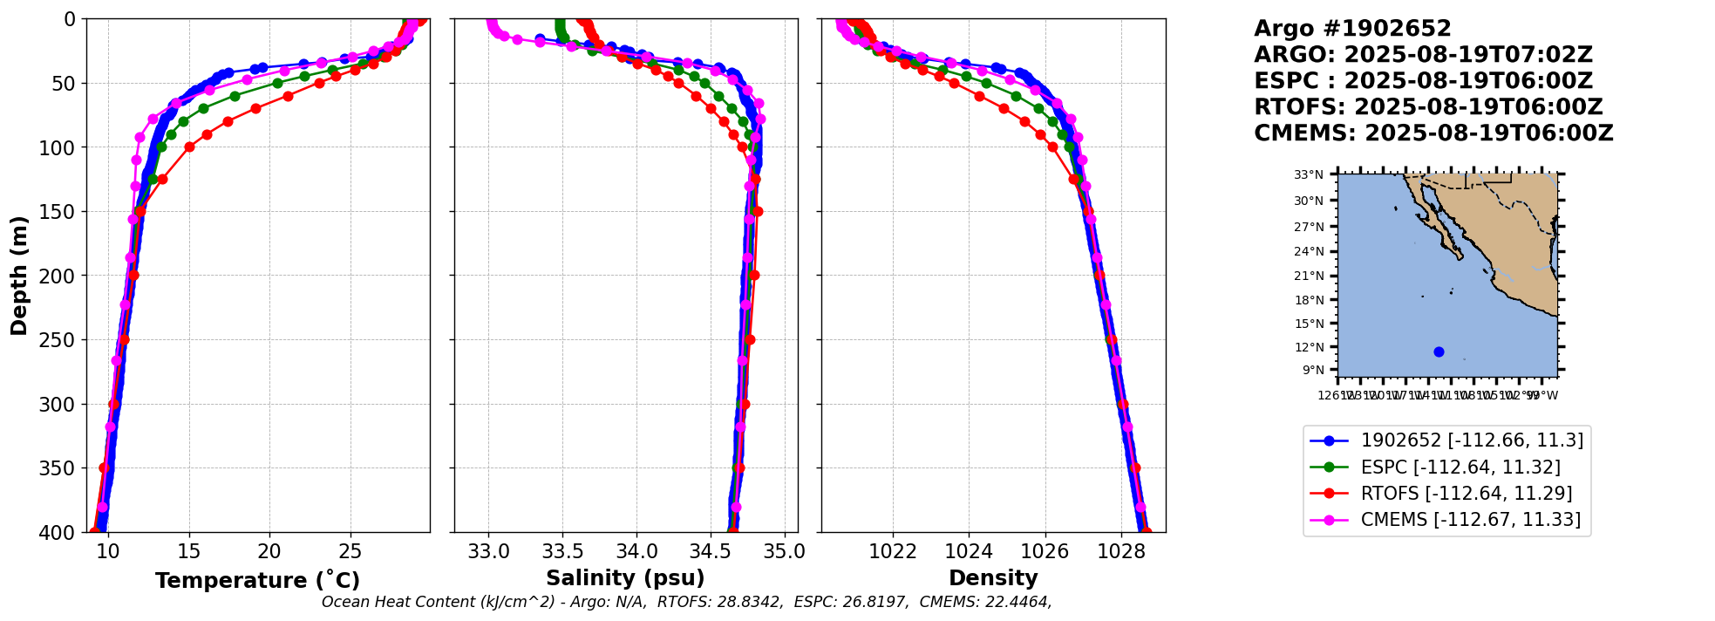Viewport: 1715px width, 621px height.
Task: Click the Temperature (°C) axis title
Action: [257, 581]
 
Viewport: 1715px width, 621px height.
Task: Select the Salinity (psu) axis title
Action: [625, 578]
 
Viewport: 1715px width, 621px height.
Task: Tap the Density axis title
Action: [993, 578]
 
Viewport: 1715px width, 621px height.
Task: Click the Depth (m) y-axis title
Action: [19, 276]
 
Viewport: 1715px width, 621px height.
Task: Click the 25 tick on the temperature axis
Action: [350, 551]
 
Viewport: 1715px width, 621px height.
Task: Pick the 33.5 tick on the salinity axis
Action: [562, 551]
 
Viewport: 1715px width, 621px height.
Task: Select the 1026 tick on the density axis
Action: [1045, 551]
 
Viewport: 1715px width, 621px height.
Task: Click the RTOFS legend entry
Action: [1466, 494]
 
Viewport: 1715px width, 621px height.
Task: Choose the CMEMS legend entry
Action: [1470, 520]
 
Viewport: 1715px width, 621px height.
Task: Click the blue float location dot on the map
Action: [1439, 351]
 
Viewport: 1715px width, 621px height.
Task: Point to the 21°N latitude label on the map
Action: [1308, 276]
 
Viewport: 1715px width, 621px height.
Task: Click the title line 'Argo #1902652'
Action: [1352, 29]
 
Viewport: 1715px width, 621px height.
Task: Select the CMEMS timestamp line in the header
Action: [1433, 133]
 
